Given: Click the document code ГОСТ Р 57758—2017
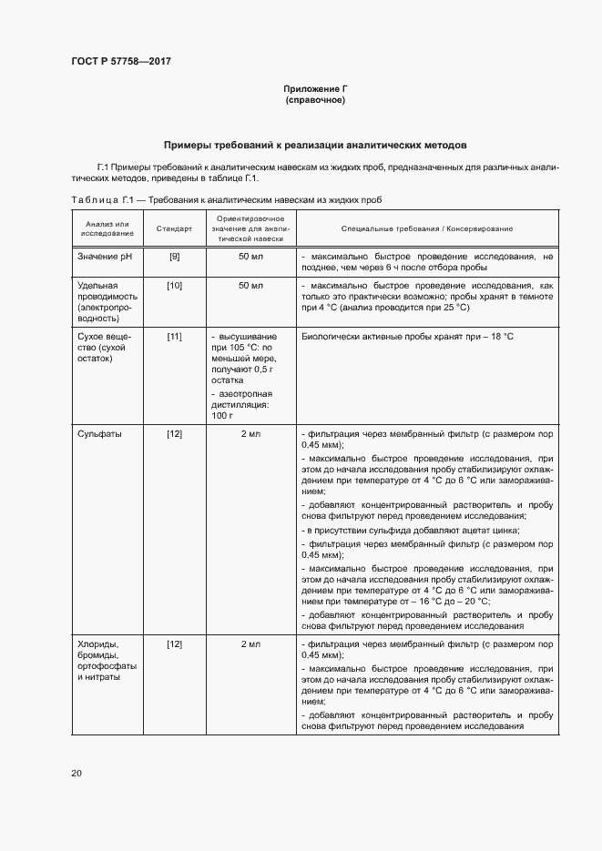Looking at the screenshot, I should tap(121, 62).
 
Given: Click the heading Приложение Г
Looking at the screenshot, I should tap(315, 89).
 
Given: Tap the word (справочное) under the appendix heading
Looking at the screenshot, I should tap(315, 100).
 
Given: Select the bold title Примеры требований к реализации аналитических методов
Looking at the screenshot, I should tap(314, 145).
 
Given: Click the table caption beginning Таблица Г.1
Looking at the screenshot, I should tap(226, 199).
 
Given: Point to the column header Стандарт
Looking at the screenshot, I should tap(174, 228).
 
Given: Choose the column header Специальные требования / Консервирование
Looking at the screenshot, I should tap(427, 228).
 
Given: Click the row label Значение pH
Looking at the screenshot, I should tap(105, 258).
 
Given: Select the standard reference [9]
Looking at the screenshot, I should tap(174, 258).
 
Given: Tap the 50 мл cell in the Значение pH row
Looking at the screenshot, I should tap(250, 258).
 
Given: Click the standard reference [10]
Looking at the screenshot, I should tap(174, 286).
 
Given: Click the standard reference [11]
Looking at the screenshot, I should tap(174, 338).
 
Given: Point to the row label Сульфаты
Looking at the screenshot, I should tap(100, 434).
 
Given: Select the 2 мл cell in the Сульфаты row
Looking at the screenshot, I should tap(250, 434).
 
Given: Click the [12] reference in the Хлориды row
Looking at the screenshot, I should tap(174, 644).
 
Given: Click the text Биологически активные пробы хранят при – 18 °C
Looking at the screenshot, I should tap(407, 338).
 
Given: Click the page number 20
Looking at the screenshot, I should tap(77, 774).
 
